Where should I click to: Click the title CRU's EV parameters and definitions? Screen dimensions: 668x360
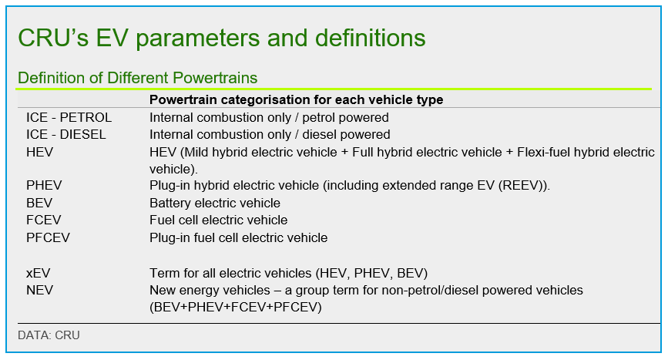coord(222,39)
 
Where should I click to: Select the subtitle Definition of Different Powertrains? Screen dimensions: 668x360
coord(138,78)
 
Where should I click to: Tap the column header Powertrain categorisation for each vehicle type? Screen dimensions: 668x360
coord(296,99)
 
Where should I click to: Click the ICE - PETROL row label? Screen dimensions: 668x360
coord(69,117)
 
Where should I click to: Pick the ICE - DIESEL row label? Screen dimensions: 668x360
coord(66,135)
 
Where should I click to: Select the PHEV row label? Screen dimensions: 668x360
coord(45,185)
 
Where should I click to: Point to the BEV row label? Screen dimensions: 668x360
coord(39,203)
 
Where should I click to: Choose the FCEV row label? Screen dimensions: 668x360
coord(44,220)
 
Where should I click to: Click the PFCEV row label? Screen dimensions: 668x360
coord(48,237)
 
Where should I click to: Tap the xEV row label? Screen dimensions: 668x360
coord(39,273)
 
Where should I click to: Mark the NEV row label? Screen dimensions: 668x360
coord(39,290)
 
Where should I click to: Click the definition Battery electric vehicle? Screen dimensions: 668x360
coord(215,203)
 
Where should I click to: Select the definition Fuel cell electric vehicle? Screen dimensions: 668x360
coord(219,220)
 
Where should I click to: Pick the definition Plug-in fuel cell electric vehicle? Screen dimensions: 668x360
coord(239,237)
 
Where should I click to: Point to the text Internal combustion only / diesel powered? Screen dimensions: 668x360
coord(270,135)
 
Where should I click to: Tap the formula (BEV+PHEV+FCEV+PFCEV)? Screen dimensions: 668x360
coord(236,307)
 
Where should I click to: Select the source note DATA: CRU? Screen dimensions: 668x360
coord(49,335)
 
